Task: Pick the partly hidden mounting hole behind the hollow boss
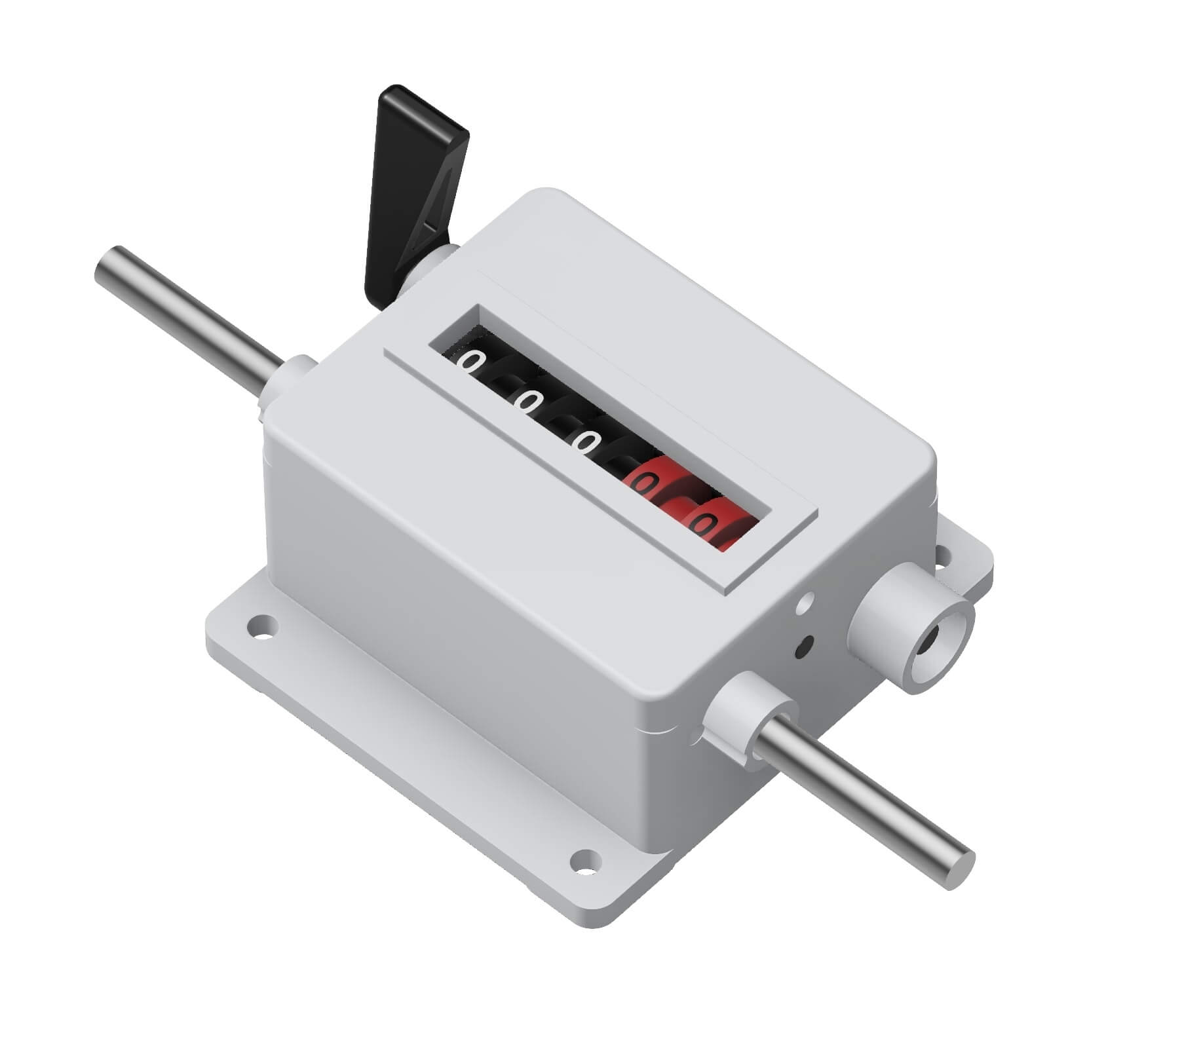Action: [944, 556]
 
